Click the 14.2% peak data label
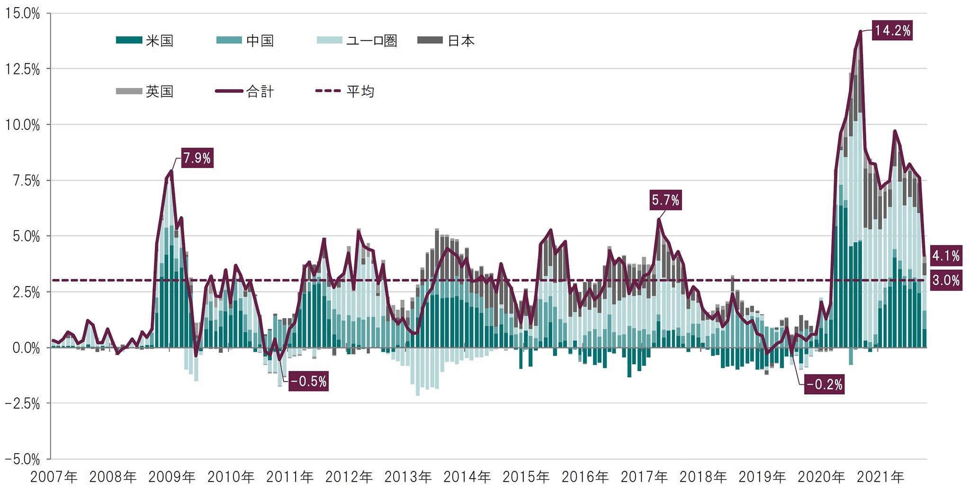pyautogui.click(x=892, y=31)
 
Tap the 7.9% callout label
pyautogui.click(x=197, y=158)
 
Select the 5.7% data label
pyautogui.click(x=665, y=200)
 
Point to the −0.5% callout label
pyautogui.click(x=309, y=381)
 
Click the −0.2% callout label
pyautogui.click(x=825, y=384)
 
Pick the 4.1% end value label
pyautogui.click(x=946, y=256)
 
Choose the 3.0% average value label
pyautogui.click(x=946, y=280)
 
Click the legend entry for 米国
pyautogui.click(x=145, y=41)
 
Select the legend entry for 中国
pyautogui.click(x=245, y=41)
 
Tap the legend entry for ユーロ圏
pyautogui.click(x=357, y=41)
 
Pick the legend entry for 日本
pyautogui.click(x=446, y=41)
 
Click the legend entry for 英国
pyautogui.click(x=145, y=91)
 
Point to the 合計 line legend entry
pyautogui.click(x=245, y=91)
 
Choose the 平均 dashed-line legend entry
pyautogui.click(x=345, y=91)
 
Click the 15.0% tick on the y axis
pyautogui.click(x=22, y=13)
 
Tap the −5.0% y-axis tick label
pyautogui.click(x=22, y=459)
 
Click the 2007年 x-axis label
pyautogui.click(x=54, y=477)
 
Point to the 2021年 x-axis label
pyautogui.click(x=880, y=477)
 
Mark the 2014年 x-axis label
pyautogui.click(x=467, y=477)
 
